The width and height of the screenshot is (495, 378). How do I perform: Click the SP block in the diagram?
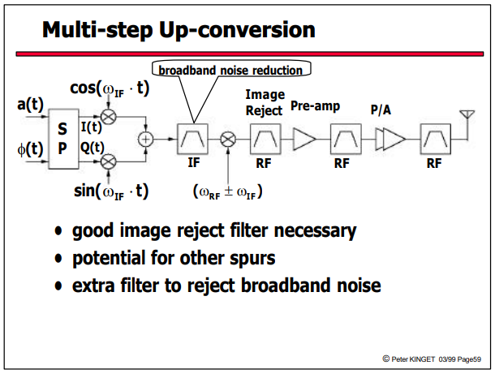tap(63, 139)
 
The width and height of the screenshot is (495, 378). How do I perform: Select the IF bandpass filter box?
tap(192, 139)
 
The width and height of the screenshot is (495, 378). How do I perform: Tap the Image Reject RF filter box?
tap(265, 139)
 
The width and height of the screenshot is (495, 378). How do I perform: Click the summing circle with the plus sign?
tap(145, 140)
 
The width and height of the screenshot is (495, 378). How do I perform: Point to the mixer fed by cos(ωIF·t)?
tap(108, 117)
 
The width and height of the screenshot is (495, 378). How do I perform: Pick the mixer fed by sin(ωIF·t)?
tap(108, 162)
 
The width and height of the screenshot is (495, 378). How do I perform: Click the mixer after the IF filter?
tap(228, 140)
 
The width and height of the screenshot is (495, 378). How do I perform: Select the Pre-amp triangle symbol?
tap(304, 139)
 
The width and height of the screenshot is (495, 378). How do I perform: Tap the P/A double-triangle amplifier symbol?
tap(390, 139)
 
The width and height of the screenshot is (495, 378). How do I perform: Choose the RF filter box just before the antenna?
tap(435, 139)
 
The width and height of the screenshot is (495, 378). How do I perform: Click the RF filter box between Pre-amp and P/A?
tap(346, 139)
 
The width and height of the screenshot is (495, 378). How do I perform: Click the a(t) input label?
tap(30, 104)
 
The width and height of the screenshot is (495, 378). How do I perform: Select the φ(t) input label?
tap(30, 149)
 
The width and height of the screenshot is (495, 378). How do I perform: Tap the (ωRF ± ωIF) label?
tap(227, 192)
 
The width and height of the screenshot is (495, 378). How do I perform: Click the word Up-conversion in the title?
tap(237, 31)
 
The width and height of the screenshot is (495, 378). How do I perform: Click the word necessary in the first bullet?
tap(315, 230)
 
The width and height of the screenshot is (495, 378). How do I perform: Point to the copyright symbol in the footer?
tap(385, 359)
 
